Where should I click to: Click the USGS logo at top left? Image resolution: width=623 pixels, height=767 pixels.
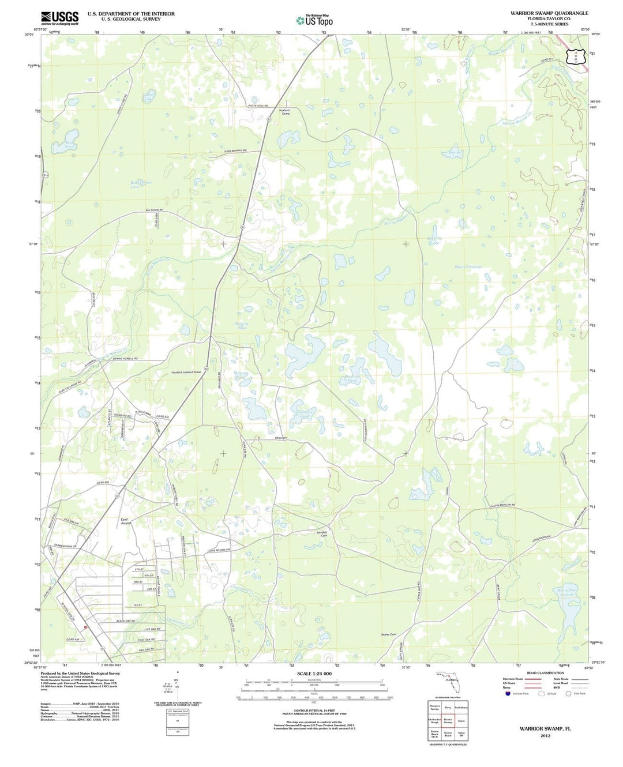click(x=60, y=17)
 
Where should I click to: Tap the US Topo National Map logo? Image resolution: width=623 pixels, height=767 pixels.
click(x=314, y=20)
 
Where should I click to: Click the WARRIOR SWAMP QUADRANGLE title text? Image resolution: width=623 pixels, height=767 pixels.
click(x=549, y=13)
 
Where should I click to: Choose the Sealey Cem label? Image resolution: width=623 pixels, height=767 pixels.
click(x=389, y=634)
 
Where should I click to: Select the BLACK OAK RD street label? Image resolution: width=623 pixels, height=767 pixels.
click(x=125, y=621)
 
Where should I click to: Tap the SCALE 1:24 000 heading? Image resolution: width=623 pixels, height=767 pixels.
click(x=314, y=674)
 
